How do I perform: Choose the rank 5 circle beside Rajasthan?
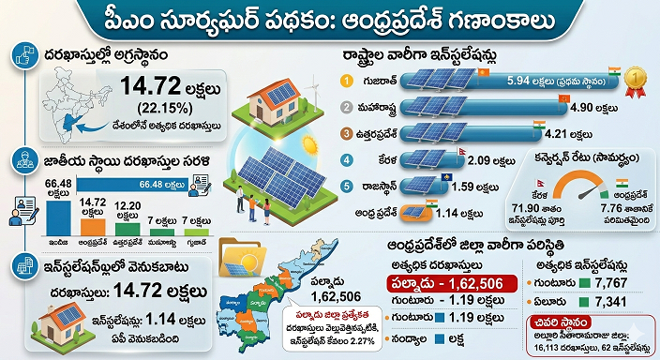[346, 186]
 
